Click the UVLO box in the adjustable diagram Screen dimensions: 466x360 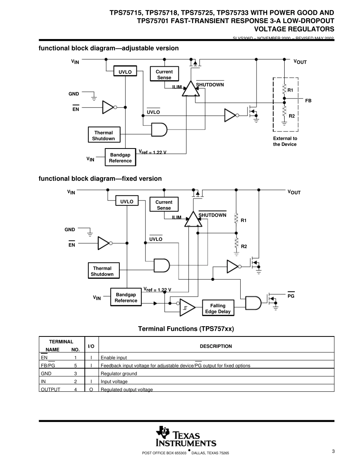(x=125, y=71)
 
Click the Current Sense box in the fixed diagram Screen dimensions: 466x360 (x=164, y=205)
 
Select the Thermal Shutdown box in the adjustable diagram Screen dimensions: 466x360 (x=103, y=136)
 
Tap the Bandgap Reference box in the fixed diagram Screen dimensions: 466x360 (x=126, y=297)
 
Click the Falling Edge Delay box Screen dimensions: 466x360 (x=218, y=308)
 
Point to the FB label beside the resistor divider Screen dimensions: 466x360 (x=308, y=101)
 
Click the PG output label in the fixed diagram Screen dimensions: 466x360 (x=291, y=296)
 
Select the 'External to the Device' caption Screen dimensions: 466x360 (x=285, y=141)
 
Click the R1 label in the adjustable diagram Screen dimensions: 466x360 (x=290, y=90)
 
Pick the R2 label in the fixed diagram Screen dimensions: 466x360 (x=244, y=246)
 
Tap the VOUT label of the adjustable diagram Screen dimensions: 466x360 (x=300, y=62)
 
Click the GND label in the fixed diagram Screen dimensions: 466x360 (x=70, y=230)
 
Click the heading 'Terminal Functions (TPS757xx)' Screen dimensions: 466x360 (x=186, y=329)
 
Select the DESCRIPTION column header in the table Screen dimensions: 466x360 (x=216, y=346)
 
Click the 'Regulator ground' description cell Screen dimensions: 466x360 (x=119, y=374)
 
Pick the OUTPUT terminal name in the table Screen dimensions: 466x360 (x=50, y=389)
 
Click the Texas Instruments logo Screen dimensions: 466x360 (x=186, y=437)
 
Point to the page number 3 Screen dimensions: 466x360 (x=333, y=451)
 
